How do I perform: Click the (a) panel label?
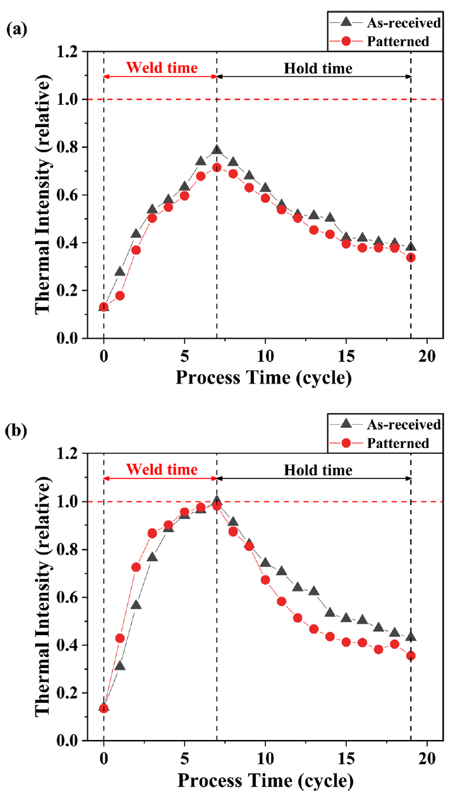point(15,30)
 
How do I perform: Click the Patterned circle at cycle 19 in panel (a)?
point(411,258)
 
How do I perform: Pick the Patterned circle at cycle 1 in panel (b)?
point(120,638)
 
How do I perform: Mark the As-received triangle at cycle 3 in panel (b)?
point(152,557)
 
